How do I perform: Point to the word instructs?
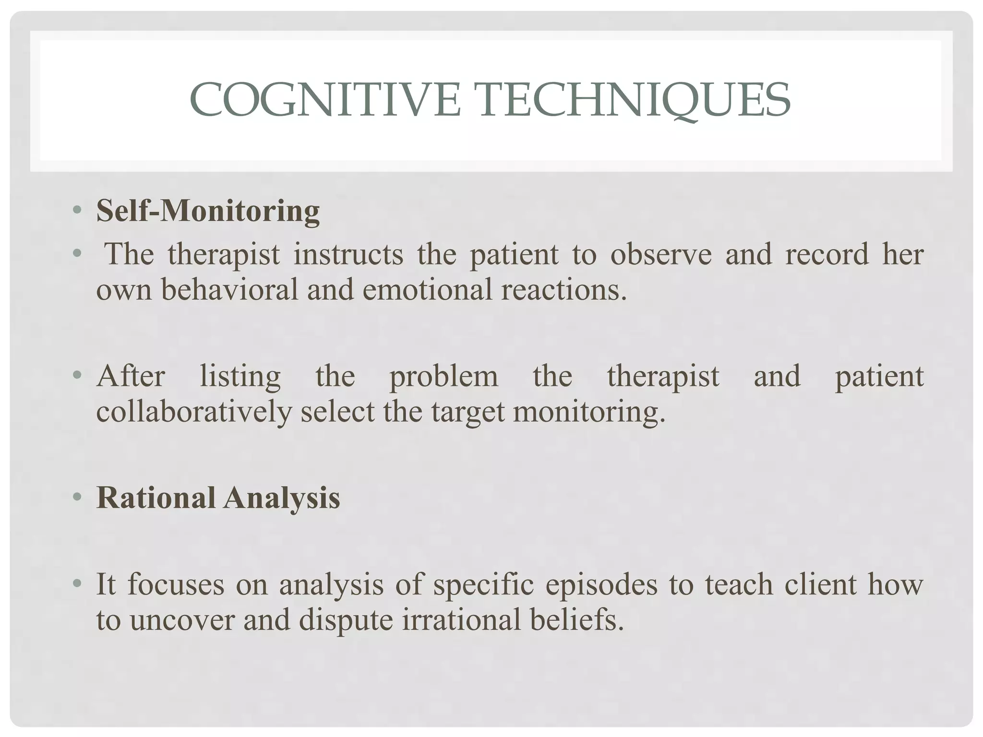[x=348, y=254]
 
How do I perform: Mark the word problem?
[x=444, y=377]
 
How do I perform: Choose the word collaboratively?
[x=194, y=412]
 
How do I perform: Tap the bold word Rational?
[x=156, y=498]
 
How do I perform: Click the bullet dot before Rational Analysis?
[x=76, y=498]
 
